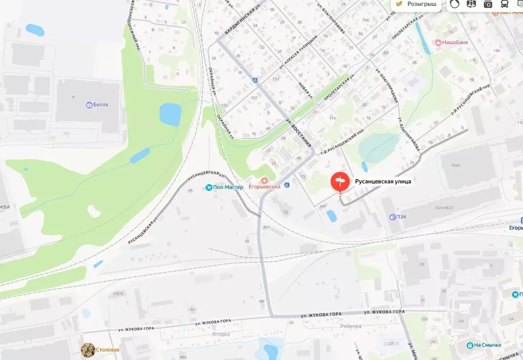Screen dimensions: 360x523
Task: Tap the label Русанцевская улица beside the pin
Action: coord(383,181)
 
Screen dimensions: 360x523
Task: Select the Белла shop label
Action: coord(100,105)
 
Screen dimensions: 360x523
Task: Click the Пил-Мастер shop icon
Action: coord(209,188)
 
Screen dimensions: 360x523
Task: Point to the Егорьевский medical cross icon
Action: coord(264,180)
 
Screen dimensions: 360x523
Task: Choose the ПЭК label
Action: coord(401,217)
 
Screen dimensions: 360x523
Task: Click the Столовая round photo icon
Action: coord(88,350)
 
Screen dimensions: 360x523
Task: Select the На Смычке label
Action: coord(487,345)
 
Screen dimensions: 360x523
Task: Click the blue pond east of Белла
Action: coord(170,114)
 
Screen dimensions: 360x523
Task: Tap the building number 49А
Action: coord(266,227)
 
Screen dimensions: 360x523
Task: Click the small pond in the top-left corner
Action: coord(35,30)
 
